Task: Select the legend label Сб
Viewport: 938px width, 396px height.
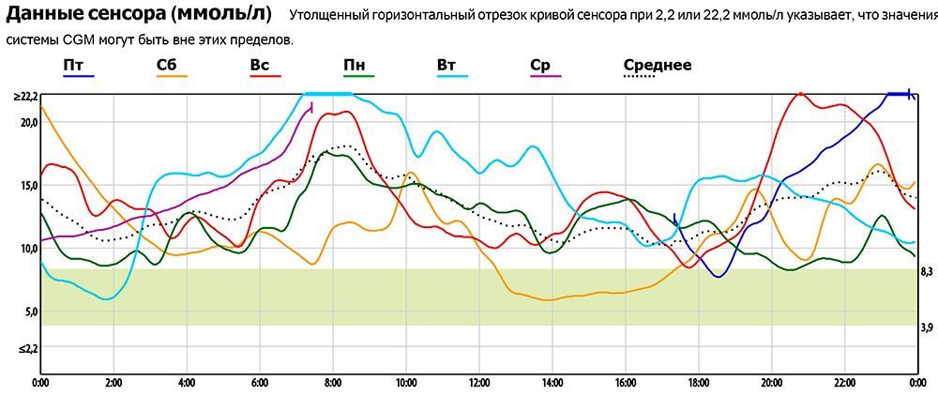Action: pyautogui.click(x=166, y=65)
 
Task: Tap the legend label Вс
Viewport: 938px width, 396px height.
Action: pyautogui.click(x=260, y=65)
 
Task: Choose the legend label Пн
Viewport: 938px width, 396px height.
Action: pyautogui.click(x=355, y=65)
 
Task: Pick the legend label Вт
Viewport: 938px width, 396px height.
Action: pyautogui.click(x=446, y=65)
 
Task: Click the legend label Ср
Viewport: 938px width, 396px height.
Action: pyautogui.click(x=540, y=65)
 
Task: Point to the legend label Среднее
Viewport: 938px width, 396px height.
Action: pyautogui.click(x=658, y=65)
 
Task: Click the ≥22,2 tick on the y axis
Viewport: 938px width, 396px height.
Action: pyautogui.click(x=24, y=97)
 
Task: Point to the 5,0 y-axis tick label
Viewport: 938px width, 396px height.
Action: pyautogui.click(x=28, y=312)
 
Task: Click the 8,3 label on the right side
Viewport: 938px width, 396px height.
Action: pyautogui.click(x=926, y=271)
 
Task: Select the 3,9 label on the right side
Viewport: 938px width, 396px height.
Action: pyautogui.click(x=926, y=327)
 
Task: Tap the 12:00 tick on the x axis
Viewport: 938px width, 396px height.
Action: pyautogui.click(x=479, y=383)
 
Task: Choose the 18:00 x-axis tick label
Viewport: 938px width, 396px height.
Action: pyautogui.click(x=699, y=383)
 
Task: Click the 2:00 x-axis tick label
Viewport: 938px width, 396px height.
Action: pyautogui.click(x=113, y=383)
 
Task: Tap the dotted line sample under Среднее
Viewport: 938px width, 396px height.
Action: pyautogui.click(x=640, y=79)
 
